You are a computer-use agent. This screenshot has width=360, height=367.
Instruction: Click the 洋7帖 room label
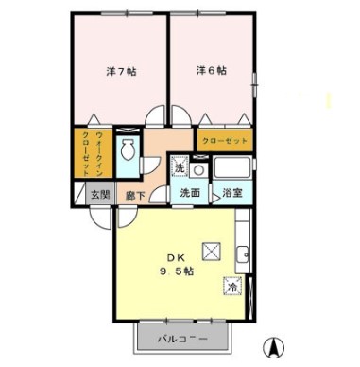(121, 72)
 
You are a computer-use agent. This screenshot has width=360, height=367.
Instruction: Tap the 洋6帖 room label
(212, 71)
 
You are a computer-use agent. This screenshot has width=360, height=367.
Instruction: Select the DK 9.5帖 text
(176, 265)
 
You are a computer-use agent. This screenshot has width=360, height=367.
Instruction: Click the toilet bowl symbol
(128, 149)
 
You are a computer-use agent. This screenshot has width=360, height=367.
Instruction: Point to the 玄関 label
(100, 195)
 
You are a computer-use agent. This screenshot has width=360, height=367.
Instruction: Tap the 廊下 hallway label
(135, 196)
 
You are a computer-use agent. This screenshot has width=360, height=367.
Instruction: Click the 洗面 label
(190, 193)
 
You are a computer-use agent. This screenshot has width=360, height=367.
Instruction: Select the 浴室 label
(232, 193)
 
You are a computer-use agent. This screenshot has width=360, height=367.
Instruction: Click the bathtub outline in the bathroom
(231, 167)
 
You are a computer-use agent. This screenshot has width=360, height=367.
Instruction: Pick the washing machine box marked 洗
(180, 165)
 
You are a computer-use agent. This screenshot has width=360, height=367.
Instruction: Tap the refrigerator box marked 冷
(233, 286)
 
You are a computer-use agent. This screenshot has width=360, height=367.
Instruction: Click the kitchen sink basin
(243, 254)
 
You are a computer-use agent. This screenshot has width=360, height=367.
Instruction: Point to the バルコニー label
(182, 340)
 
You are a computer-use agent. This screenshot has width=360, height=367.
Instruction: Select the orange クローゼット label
(225, 140)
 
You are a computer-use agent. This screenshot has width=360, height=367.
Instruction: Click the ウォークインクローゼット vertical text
(93, 153)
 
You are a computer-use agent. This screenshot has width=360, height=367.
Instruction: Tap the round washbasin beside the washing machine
(199, 170)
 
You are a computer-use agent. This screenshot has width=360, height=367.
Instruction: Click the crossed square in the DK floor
(211, 252)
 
